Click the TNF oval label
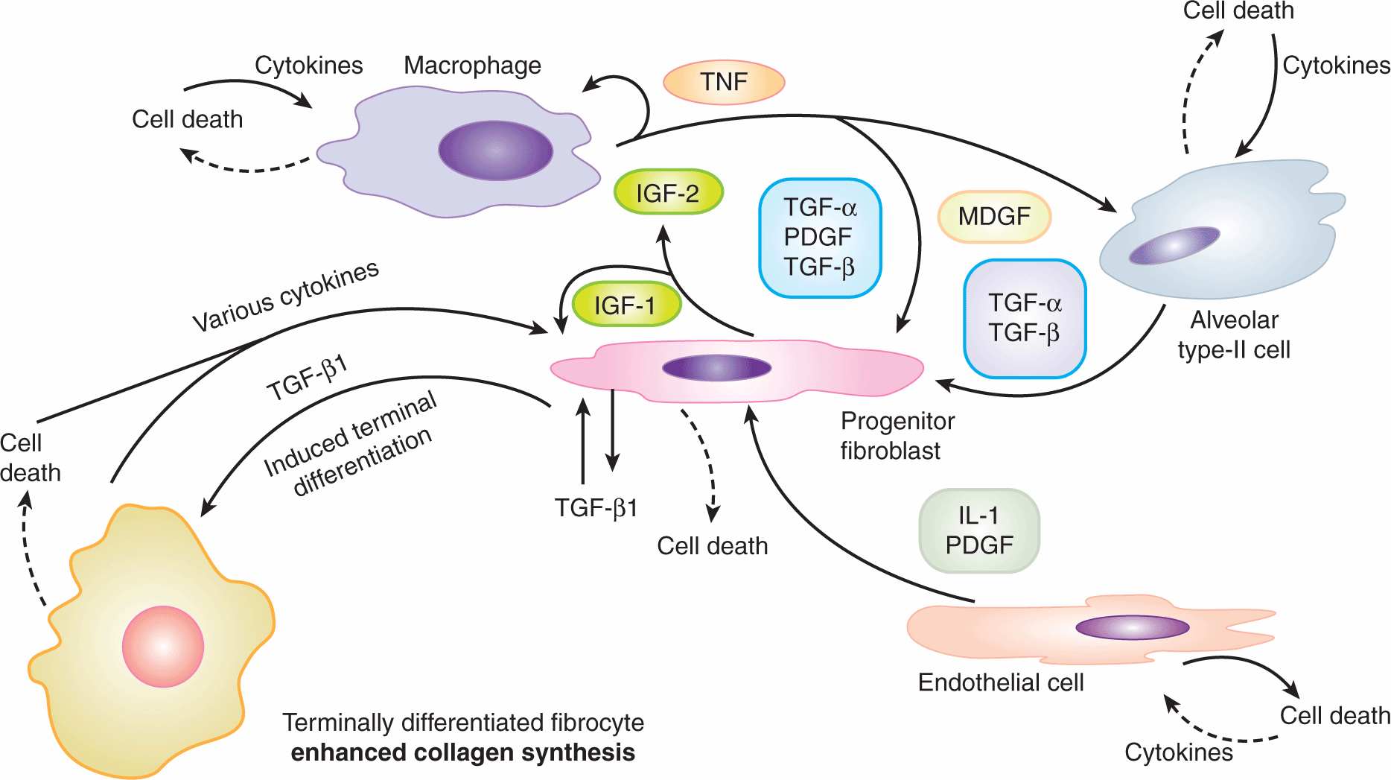point(724,82)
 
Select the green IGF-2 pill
point(668,193)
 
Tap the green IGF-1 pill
point(626,305)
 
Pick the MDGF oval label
point(994,217)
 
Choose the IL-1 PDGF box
point(979,530)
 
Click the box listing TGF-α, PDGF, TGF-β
point(820,238)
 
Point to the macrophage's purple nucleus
point(495,150)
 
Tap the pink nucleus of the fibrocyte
point(163,646)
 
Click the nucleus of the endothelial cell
point(1132,627)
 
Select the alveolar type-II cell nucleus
point(1174,246)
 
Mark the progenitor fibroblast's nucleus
point(716,367)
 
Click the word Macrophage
point(472,66)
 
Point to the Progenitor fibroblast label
point(897,436)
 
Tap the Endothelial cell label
point(1000,682)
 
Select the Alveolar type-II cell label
point(1234,335)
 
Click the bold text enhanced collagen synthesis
point(462,753)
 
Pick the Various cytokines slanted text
point(286,296)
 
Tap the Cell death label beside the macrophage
point(187,119)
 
